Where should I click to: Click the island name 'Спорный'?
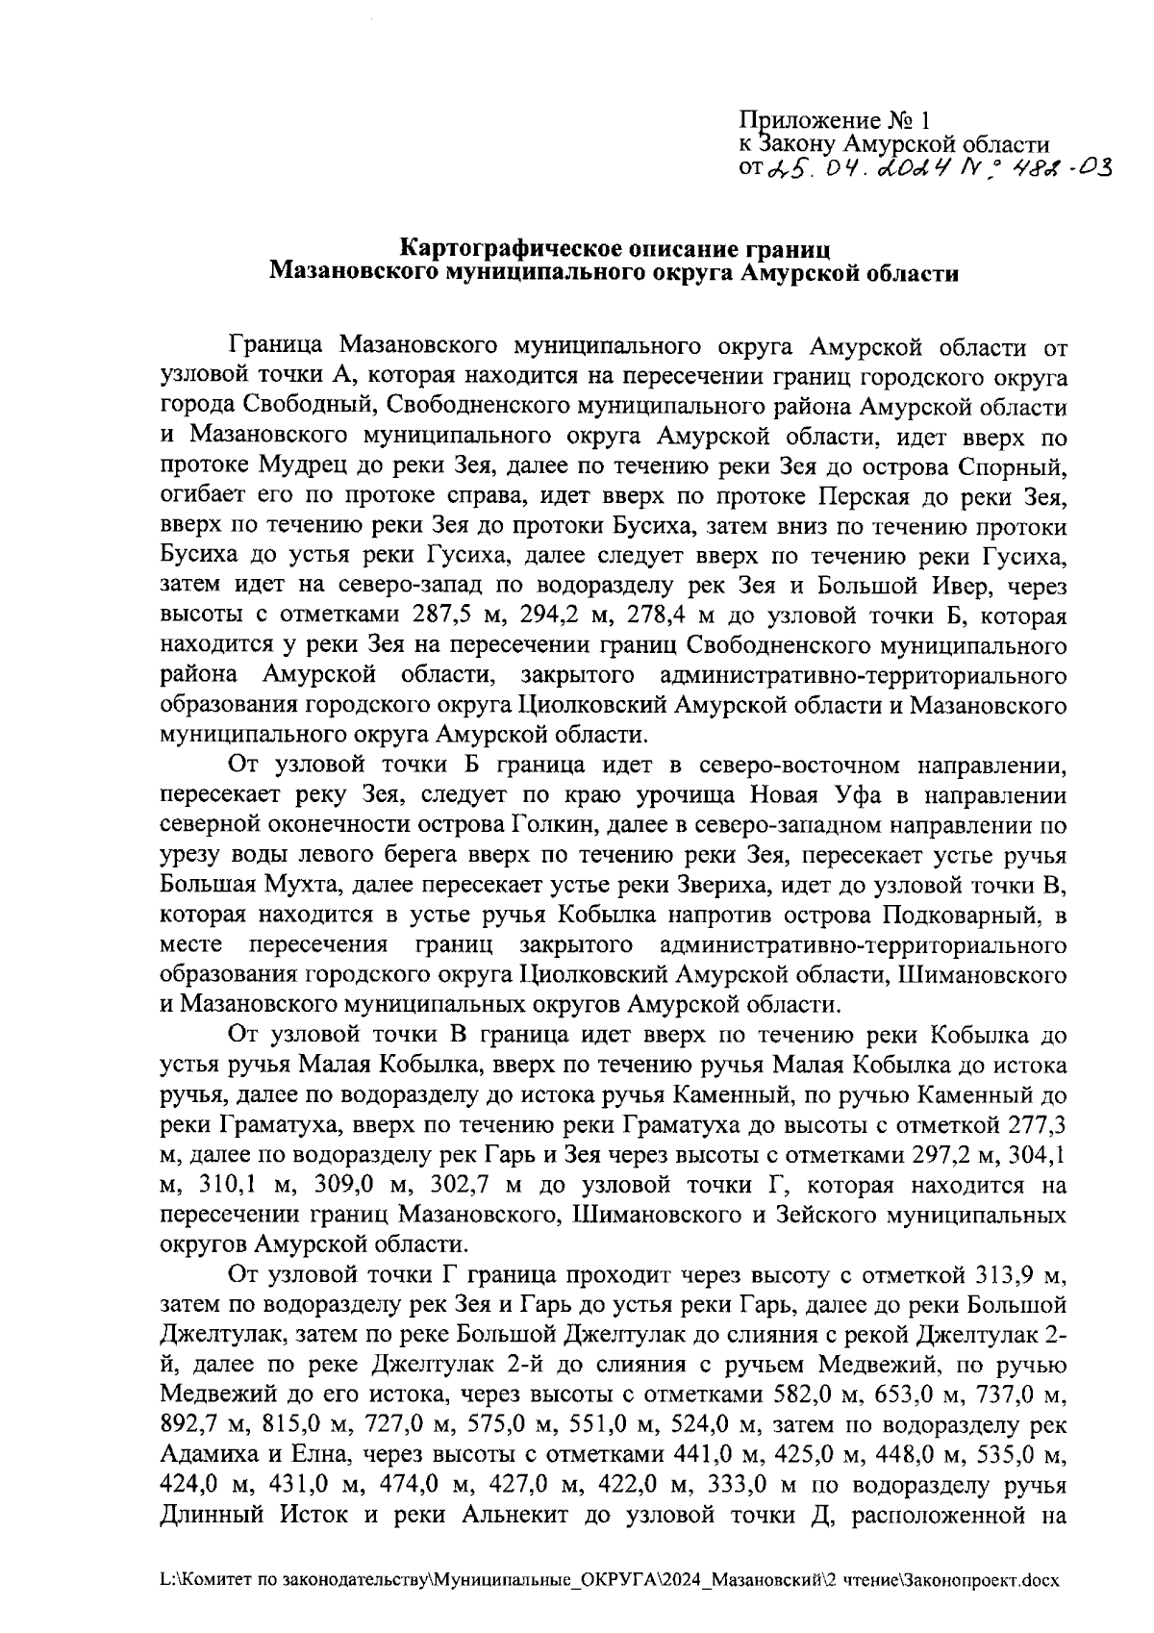coord(1013,468)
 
